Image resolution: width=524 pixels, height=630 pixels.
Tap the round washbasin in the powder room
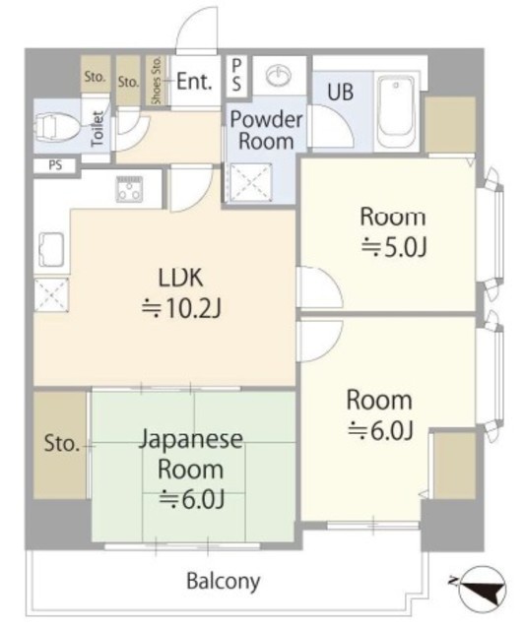click(x=279, y=75)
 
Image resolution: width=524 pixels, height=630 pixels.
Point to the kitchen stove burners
click(x=129, y=189)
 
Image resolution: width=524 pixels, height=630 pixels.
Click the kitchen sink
click(x=51, y=249)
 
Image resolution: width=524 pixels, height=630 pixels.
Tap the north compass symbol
click(x=481, y=589)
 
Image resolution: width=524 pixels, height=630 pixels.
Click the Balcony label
click(x=224, y=582)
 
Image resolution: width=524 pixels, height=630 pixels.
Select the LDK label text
click(x=180, y=278)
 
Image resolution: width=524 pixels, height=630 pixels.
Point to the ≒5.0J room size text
click(x=393, y=247)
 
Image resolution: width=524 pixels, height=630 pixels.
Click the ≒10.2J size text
click(x=181, y=309)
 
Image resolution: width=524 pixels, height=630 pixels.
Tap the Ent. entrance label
click(x=194, y=82)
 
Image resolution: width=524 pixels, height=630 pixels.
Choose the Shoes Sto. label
click(x=156, y=81)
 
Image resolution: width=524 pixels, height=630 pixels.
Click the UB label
click(x=340, y=92)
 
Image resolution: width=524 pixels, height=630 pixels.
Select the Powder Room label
click(x=266, y=130)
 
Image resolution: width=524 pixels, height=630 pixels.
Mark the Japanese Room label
click(x=191, y=455)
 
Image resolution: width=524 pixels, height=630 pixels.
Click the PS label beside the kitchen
click(x=55, y=165)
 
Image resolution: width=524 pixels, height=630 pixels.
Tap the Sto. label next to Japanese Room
click(x=61, y=444)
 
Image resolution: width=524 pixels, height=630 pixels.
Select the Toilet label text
click(x=98, y=129)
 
